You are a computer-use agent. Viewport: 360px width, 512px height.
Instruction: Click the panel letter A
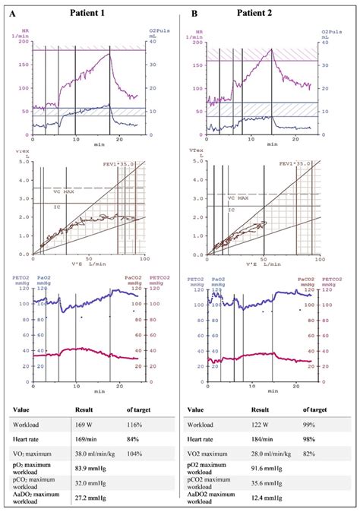(12, 13)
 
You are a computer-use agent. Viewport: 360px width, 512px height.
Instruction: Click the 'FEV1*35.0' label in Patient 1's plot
(120, 163)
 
